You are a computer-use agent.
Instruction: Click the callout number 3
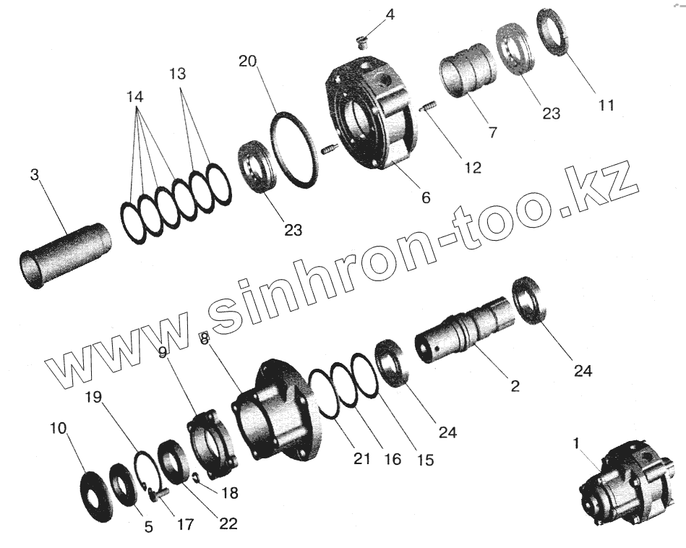(x=35, y=175)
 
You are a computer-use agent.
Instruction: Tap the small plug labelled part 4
(x=361, y=43)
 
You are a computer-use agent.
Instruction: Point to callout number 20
(x=248, y=61)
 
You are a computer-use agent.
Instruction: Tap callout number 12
(x=473, y=167)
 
